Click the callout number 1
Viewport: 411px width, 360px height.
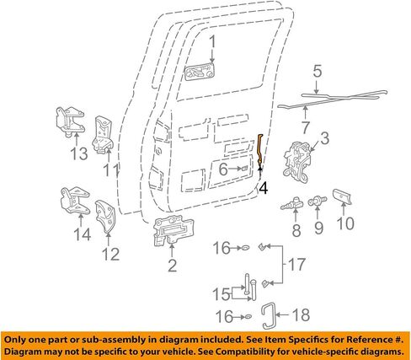pos(213,41)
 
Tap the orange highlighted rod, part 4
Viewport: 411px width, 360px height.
pos(260,151)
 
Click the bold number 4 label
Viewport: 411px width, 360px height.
pos(264,188)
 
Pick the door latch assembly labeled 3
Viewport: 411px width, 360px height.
pos(298,160)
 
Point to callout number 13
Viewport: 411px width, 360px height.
pos(79,153)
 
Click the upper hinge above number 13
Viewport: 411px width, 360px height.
pos(70,121)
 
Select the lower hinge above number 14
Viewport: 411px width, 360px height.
pos(75,201)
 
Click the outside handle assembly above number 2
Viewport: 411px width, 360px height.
pos(173,230)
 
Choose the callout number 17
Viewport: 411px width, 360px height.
pos(296,265)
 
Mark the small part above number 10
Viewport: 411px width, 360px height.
pos(342,196)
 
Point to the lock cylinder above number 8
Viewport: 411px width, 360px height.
pos(292,204)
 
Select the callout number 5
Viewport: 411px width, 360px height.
pos(318,72)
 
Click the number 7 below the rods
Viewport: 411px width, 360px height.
pos(306,127)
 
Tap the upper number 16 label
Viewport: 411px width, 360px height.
pos(222,248)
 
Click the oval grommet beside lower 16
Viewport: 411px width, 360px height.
pos(248,317)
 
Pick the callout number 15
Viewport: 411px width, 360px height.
pos(221,294)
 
